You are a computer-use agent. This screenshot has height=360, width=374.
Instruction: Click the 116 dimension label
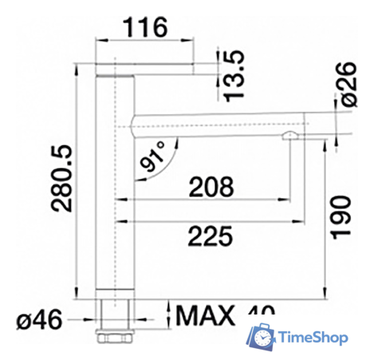pos(145,27)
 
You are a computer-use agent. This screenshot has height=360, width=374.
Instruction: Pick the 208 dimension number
pos(211,187)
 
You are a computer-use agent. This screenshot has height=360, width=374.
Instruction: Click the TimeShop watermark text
pos(313,338)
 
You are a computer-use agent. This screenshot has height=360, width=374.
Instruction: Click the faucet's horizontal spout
pos(215,121)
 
